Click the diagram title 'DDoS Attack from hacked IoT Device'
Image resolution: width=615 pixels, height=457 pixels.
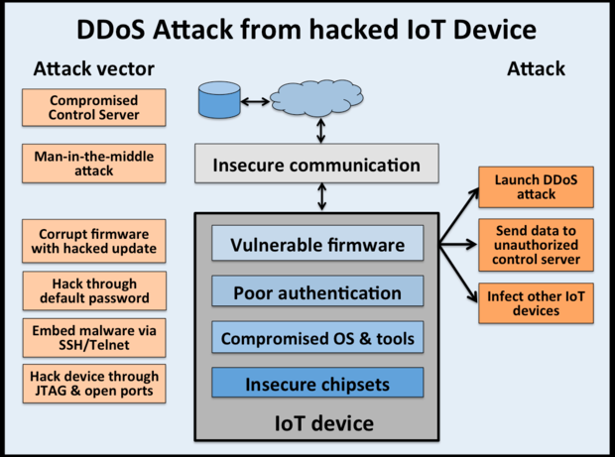(307, 27)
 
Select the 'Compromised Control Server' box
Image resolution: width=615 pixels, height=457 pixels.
(94, 108)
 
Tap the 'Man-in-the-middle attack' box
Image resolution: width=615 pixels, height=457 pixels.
(94, 163)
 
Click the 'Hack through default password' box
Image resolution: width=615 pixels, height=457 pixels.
(94, 289)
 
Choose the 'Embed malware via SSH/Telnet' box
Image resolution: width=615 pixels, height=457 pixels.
(94, 336)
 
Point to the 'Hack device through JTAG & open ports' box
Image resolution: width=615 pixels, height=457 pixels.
(94, 384)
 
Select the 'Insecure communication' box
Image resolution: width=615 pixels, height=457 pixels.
(316, 165)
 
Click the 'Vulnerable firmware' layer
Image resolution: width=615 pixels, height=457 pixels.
(316, 244)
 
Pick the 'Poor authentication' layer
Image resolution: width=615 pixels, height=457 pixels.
(316, 292)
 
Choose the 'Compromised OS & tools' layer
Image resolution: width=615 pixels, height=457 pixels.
(316, 339)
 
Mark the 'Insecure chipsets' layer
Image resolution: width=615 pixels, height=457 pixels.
(316, 383)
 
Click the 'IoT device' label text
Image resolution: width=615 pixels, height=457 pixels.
(323, 424)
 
